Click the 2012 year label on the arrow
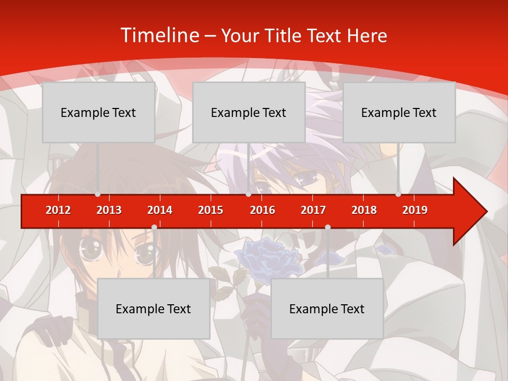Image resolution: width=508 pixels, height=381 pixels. pos(58,210)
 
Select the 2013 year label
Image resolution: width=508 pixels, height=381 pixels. pos(109,210)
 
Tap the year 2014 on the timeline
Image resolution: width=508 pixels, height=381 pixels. pos(160,210)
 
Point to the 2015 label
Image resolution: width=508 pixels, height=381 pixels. pos(211,210)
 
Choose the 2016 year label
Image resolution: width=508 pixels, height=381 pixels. pos(262,210)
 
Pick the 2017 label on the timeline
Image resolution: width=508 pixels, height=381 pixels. pos(313,210)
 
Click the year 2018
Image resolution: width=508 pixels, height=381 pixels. pos(364,210)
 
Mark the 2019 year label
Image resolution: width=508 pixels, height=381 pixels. pos(415,210)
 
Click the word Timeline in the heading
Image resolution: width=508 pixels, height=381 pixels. pos(159,35)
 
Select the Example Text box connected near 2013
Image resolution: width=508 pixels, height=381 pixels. pos(98,112)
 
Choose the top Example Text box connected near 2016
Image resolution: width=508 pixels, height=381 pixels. pos(249,112)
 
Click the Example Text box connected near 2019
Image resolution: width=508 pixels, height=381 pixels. pos(399,112)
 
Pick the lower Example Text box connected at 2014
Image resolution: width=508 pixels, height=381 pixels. pos(153,309)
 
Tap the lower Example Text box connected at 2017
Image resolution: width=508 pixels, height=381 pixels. pos(327,309)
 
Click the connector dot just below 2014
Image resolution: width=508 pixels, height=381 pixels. pos(154,227)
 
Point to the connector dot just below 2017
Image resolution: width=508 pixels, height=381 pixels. pos(328,227)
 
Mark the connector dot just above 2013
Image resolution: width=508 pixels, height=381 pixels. pos(97,194)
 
